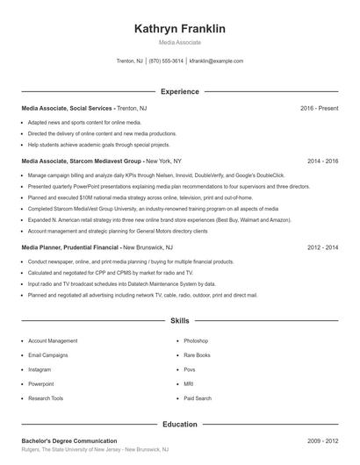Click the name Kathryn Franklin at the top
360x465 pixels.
point(180,29)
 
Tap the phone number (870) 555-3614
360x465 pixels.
point(166,61)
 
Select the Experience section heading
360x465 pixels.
point(180,91)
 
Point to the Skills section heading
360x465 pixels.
point(180,321)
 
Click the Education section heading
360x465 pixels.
point(180,424)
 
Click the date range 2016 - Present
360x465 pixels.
point(319,108)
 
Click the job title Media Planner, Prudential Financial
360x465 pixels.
point(70,248)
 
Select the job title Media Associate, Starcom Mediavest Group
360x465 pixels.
point(81,161)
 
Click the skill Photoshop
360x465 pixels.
point(196,340)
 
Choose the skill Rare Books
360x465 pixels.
point(198,355)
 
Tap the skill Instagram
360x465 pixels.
point(40,369)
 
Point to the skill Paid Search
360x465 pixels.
point(198,398)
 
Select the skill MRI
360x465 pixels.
point(189,384)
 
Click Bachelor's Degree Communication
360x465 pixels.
point(69,440)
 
